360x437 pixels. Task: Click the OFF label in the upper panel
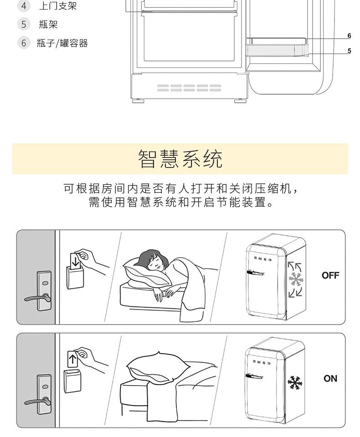point(330,275)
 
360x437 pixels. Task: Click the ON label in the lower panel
point(330,378)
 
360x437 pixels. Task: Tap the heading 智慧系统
point(180,159)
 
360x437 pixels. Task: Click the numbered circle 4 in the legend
point(24,6)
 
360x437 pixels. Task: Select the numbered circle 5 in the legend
point(24,24)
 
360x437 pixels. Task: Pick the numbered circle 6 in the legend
point(24,43)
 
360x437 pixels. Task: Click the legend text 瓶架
point(48,25)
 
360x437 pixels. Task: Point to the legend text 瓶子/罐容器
point(62,43)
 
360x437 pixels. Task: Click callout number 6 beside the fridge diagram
point(349,36)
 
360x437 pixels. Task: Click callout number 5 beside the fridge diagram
point(349,51)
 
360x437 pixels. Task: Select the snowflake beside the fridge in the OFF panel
point(295,279)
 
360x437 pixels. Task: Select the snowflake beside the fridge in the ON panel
point(295,383)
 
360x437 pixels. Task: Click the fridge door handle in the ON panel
point(255,376)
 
